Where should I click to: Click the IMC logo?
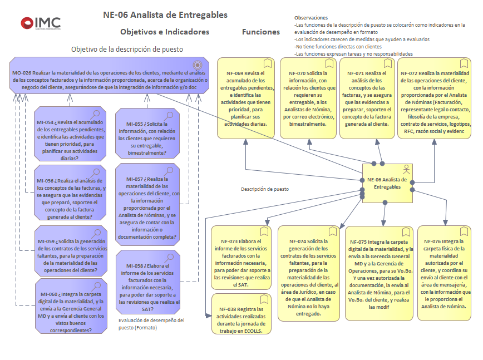(x=41, y=23)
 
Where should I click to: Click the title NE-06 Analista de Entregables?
(x=165, y=15)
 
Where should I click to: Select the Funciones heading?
(x=261, y=32)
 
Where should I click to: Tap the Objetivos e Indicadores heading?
(x=165, y=32)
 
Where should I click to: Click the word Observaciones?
(x=311, y=18)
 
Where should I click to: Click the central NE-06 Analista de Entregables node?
(x=387, y=183)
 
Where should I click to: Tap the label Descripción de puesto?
(x=264, y=189)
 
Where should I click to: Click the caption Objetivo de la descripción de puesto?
(x=127, y=49)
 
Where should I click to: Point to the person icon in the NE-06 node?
(x=407, y=169)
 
